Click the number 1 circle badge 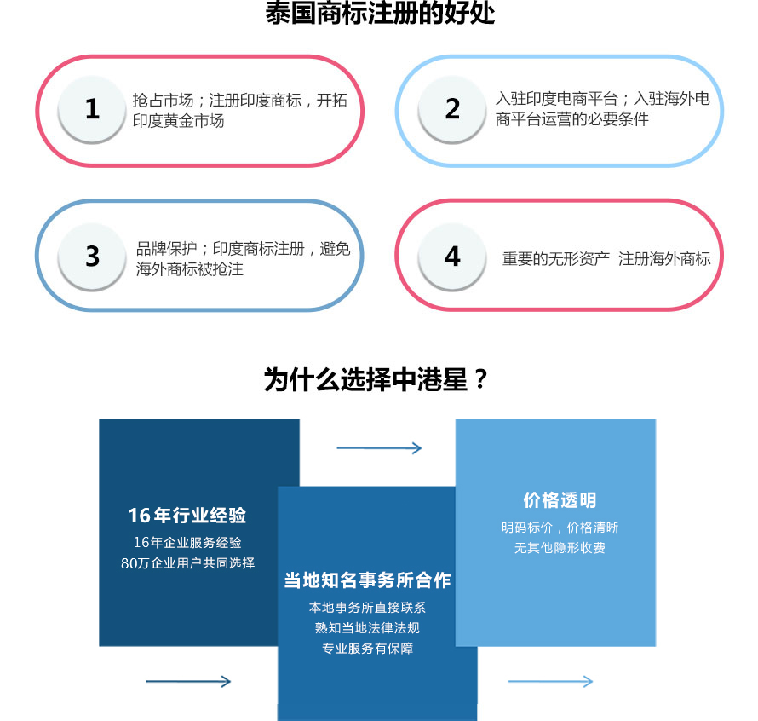pyautogui.click(x=92, y=109)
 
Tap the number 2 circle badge pyautogui.click(x=452, y=109)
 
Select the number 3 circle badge pyautogui.click(x=92, y=257)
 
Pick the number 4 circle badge pyautogui.click(x=452, y=257)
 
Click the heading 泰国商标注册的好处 pyautogui.click(x=380, y=13)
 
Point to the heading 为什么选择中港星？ pyautogui.click(x=376, y=379)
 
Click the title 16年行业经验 pyautogui.click(x=187, y=516)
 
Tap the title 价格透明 pyautogui.click(x=560, y=500)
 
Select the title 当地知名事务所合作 pyautogui.click(x=367, y=580)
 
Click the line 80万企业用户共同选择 pyautogui.click(x=187, y=562)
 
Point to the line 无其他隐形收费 pyautogui.click(x=560, y=547)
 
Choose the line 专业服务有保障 pyautogui.click(x=367, y=648)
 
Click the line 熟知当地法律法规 pyautogui.click(x=367, y=627)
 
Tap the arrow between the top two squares pyautogui.click(x=379, y=448)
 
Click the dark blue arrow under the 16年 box pyautogui.click(x=188, y=681)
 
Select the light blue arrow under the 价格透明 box pyautogui.click(x=550, y=681)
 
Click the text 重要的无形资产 pyautogui.click(x=556, y=259)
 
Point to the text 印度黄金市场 pyautogui.click(x=178, y=120)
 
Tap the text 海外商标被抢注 pyautogui.click(x=189, y=268)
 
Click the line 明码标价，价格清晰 pyautogui.click(x=560, y=527)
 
